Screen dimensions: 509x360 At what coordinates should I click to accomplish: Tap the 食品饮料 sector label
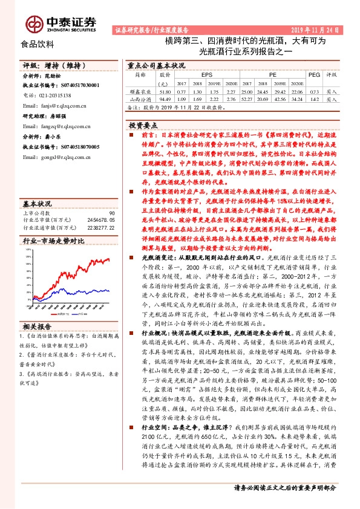click(38, 44)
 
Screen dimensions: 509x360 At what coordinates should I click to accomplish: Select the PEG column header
click(313, 74)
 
